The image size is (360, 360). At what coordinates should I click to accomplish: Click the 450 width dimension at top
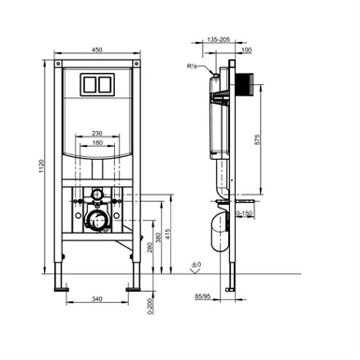[x=97, y=50]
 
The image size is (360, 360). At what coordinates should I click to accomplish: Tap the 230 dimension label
[x=97, y=133]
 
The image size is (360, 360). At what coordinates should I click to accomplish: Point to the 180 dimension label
[x=97, y=142]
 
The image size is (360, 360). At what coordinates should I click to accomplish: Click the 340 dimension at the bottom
[x=97, y=299]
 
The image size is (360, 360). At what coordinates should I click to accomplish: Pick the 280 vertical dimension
[x=150, y=247]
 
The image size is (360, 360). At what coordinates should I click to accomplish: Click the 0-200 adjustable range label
[x=150, y=306]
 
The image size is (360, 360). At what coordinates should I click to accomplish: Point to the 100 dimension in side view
[x=246, y=50]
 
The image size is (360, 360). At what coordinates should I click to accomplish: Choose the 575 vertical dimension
[x=258, y=140]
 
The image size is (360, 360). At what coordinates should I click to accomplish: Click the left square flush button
[x=88, y=84]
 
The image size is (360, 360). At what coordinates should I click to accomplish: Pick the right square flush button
[x=106, y=84]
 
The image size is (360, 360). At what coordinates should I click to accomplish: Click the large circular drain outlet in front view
[x=97, y=220]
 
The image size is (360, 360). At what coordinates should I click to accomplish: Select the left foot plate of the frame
[x=61, y=289]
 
